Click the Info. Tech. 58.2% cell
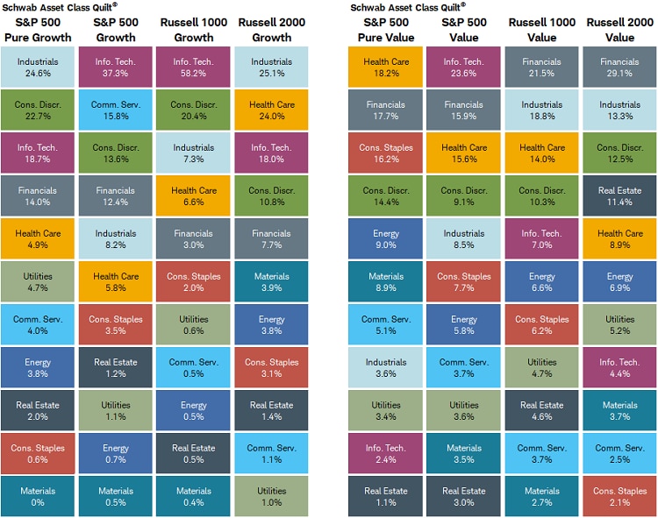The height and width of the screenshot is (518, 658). tap(193, 67)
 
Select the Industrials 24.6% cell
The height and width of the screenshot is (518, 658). tap(38, 67)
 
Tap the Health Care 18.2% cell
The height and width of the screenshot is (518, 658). tap(386, 67)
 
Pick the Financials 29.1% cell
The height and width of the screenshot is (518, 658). tap(620, 67)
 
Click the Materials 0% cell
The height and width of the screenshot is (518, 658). tap(38, 497)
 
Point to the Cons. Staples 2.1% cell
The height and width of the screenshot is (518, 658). tap(620, 497)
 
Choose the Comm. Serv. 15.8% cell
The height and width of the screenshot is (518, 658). tap(116, 110)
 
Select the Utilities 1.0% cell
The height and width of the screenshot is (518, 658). tap(271, 497)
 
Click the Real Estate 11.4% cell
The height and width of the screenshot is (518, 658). tap(620, 196)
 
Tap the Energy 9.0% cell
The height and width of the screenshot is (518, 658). tap(386, 239)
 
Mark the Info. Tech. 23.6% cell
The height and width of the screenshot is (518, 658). tap(464, 67)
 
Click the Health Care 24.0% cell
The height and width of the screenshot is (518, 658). tap(271, 110)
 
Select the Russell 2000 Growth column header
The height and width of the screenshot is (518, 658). tap(271, 30)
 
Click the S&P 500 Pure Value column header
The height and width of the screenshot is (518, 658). tap(386, 30)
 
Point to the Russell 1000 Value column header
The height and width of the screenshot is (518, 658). tap(542, 30)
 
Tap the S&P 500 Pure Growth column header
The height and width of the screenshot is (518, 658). tap(38, 30)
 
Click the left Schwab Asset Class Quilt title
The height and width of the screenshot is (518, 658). tap(59, 6)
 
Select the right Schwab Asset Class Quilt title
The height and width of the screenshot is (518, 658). tap(407, 6)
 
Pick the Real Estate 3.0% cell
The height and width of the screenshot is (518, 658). tap(464, 497)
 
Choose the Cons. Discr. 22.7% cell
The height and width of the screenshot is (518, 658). tap(38, 110)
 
